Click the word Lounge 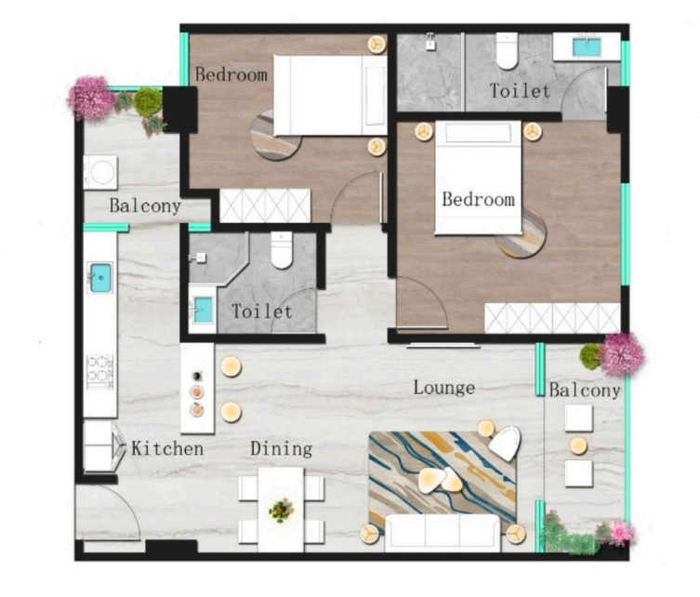pyautogui.click(x=443, y=388)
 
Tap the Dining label pyautogui.click(x=282, y=449)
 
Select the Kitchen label pyautogui.click(x=167, y=448)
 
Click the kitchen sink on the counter pyautogui.click(x=100, y=278)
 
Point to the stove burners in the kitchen pyautogui.click(x=100, y=372)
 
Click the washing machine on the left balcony pyautogui.click(x=101, y=172)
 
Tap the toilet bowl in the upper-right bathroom pyautogui.click(x=508, y=50)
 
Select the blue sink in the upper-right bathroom pyautogui.click(x=587, y=46)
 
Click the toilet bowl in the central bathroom pyautogui.click(x=282, y=250)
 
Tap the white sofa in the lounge pyautogui.click(x=442, y=533)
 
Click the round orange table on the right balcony pyautogui.click(x=578, y=446)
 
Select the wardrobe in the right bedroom pyautogui.click(x=552, y=318)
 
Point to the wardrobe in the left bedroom pyautogui.click(x=265, y=206)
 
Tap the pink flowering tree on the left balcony pyautogui.click(x=90, y=99)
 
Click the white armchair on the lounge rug pyautogui.click(x=505, y=443)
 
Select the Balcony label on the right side pyautogui.click(x=585, y=391)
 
